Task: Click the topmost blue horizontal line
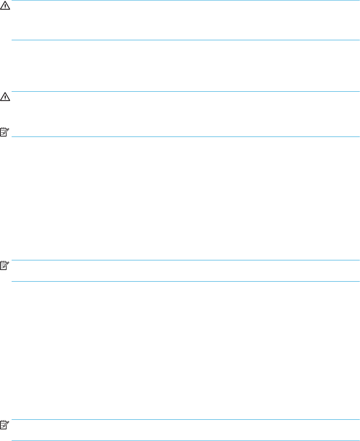click(x=186, y=0)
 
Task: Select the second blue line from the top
click(x=186, y=40)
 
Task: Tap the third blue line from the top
click(x=186, y=92)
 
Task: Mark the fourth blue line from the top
click(x=186, y=137)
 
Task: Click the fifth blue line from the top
click(x=186, y=260)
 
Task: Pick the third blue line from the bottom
click(x=186, y=281)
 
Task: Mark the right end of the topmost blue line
click(x=359, y=0)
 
